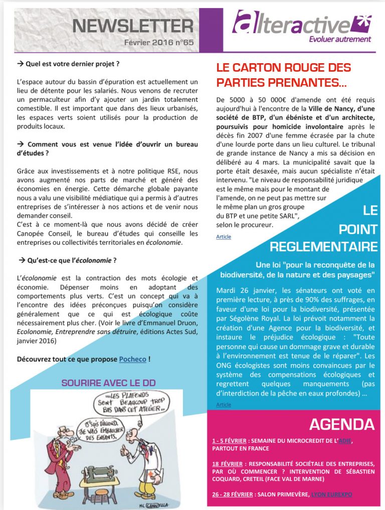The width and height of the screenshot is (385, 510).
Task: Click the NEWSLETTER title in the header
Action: click(x=132, y=25)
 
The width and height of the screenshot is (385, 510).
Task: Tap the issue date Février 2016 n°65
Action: click(x=159, y=43)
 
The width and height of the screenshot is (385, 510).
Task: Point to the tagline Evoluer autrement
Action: click(x=340, y=39)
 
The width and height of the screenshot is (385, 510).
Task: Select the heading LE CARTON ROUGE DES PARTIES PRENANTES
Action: click(x=283, y=74)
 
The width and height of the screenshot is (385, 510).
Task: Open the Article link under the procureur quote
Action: click(x=224, y=236)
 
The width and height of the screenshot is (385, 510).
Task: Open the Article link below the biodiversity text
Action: click(x=224, y=404)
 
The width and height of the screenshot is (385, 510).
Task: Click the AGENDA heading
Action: click(x=341, y=424)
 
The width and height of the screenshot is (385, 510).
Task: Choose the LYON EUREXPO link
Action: click(x=331, y=494)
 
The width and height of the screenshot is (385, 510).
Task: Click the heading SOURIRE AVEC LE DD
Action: click(x=108, y=383)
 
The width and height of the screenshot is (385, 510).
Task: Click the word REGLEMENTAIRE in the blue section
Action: click(x=323, y=246)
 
